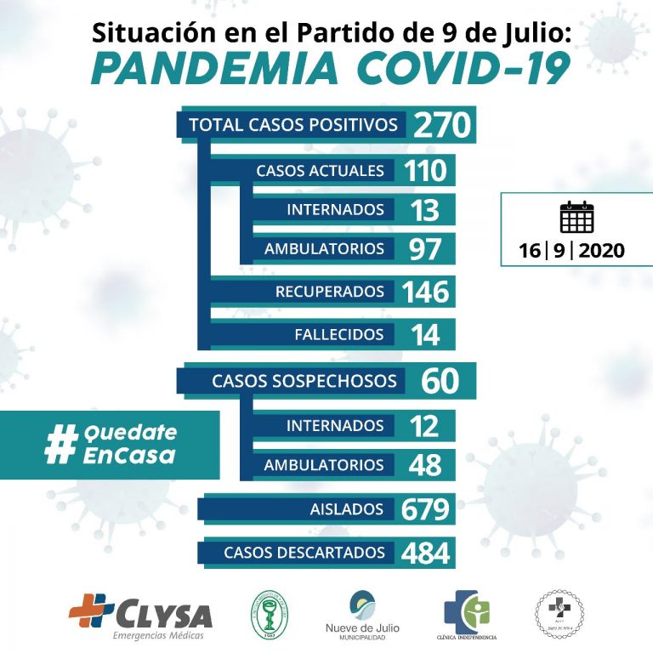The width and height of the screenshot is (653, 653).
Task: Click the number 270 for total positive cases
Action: click(441, 126)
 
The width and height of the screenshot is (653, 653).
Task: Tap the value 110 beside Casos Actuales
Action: click(425, 170)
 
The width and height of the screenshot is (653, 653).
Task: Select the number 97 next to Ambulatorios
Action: click(425, 249)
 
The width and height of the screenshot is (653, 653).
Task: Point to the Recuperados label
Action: click(330, 292)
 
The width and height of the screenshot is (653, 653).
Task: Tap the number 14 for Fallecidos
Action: click(425, 334)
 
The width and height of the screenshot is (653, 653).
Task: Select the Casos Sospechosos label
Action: click(304, 381)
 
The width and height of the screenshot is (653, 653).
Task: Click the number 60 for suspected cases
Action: click(440, 381)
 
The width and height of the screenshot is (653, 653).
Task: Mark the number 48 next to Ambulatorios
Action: click(425, 465)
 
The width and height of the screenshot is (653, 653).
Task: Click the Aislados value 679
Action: click(425, 509)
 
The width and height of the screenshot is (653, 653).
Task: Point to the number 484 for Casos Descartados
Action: click(425, 553)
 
